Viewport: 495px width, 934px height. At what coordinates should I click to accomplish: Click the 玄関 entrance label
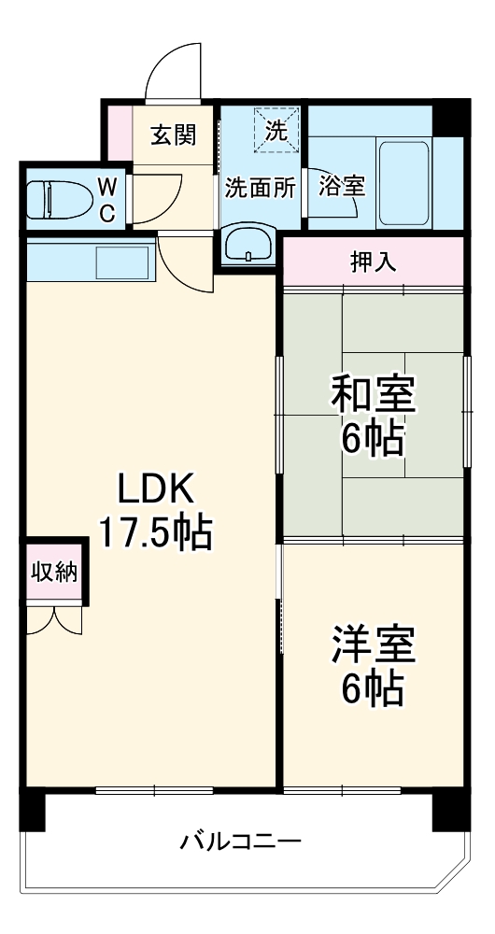[174, 135]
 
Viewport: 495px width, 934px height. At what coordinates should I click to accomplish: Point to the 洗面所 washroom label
[259, 187]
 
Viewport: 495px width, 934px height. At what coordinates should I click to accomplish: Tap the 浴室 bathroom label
[341, 185]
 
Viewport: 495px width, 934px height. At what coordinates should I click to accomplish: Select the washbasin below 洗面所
[247, 246]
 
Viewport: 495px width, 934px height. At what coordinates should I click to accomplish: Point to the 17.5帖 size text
[155, 533]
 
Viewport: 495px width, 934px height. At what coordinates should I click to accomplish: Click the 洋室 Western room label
[373, 646]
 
